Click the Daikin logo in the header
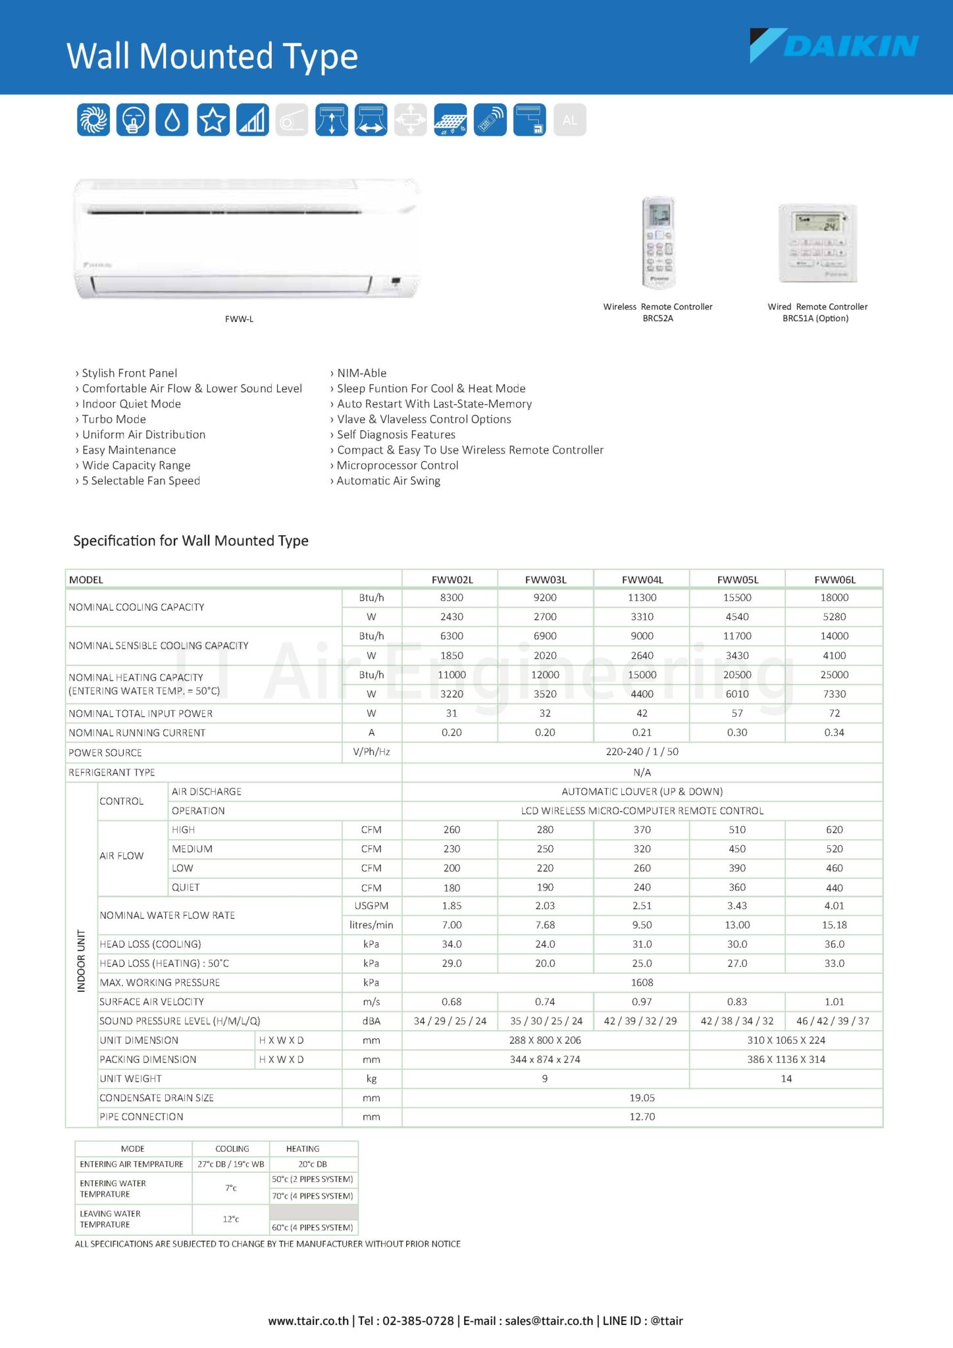pos(834,45)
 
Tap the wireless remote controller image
pos(658,242)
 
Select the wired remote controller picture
pos(817,243)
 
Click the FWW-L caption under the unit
pos(239,319)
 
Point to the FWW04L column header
pos(642,580)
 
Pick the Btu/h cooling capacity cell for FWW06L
pos(834,598)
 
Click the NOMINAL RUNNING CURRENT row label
pos(137,733)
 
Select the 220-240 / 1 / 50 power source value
pos(642,752)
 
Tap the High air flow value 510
pos(737,830)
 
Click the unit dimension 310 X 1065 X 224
pos(786,1040)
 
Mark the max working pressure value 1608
pos(642,983)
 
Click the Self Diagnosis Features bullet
pos(396,434)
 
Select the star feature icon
pos(213,120)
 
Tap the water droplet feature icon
pos(172,120)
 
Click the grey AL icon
pos(570,120)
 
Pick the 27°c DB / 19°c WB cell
pos(231,1164)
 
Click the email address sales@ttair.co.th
pos(549,1320)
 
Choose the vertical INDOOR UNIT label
pos(82,961)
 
